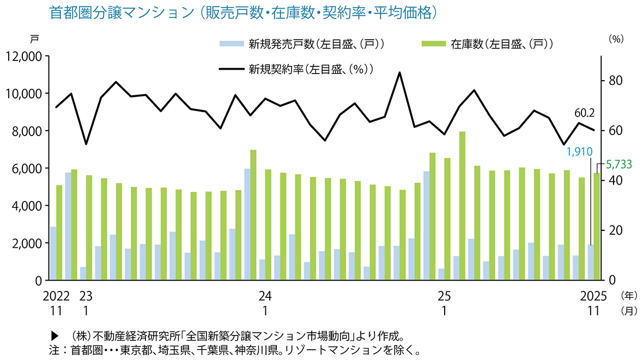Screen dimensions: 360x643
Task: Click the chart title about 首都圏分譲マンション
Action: point(244,13)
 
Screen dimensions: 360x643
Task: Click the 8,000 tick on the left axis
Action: point(27,131)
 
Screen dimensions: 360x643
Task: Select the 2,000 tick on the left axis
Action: point(27,243)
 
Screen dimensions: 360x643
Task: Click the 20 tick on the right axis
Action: point(615,230)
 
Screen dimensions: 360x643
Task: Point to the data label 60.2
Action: point(584,113)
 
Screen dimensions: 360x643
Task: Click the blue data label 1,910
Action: point(580,151)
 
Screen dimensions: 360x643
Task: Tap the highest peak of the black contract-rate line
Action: point(400,72)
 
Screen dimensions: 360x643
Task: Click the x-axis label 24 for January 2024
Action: point(265,296)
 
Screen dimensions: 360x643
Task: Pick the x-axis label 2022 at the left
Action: point(57,296)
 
